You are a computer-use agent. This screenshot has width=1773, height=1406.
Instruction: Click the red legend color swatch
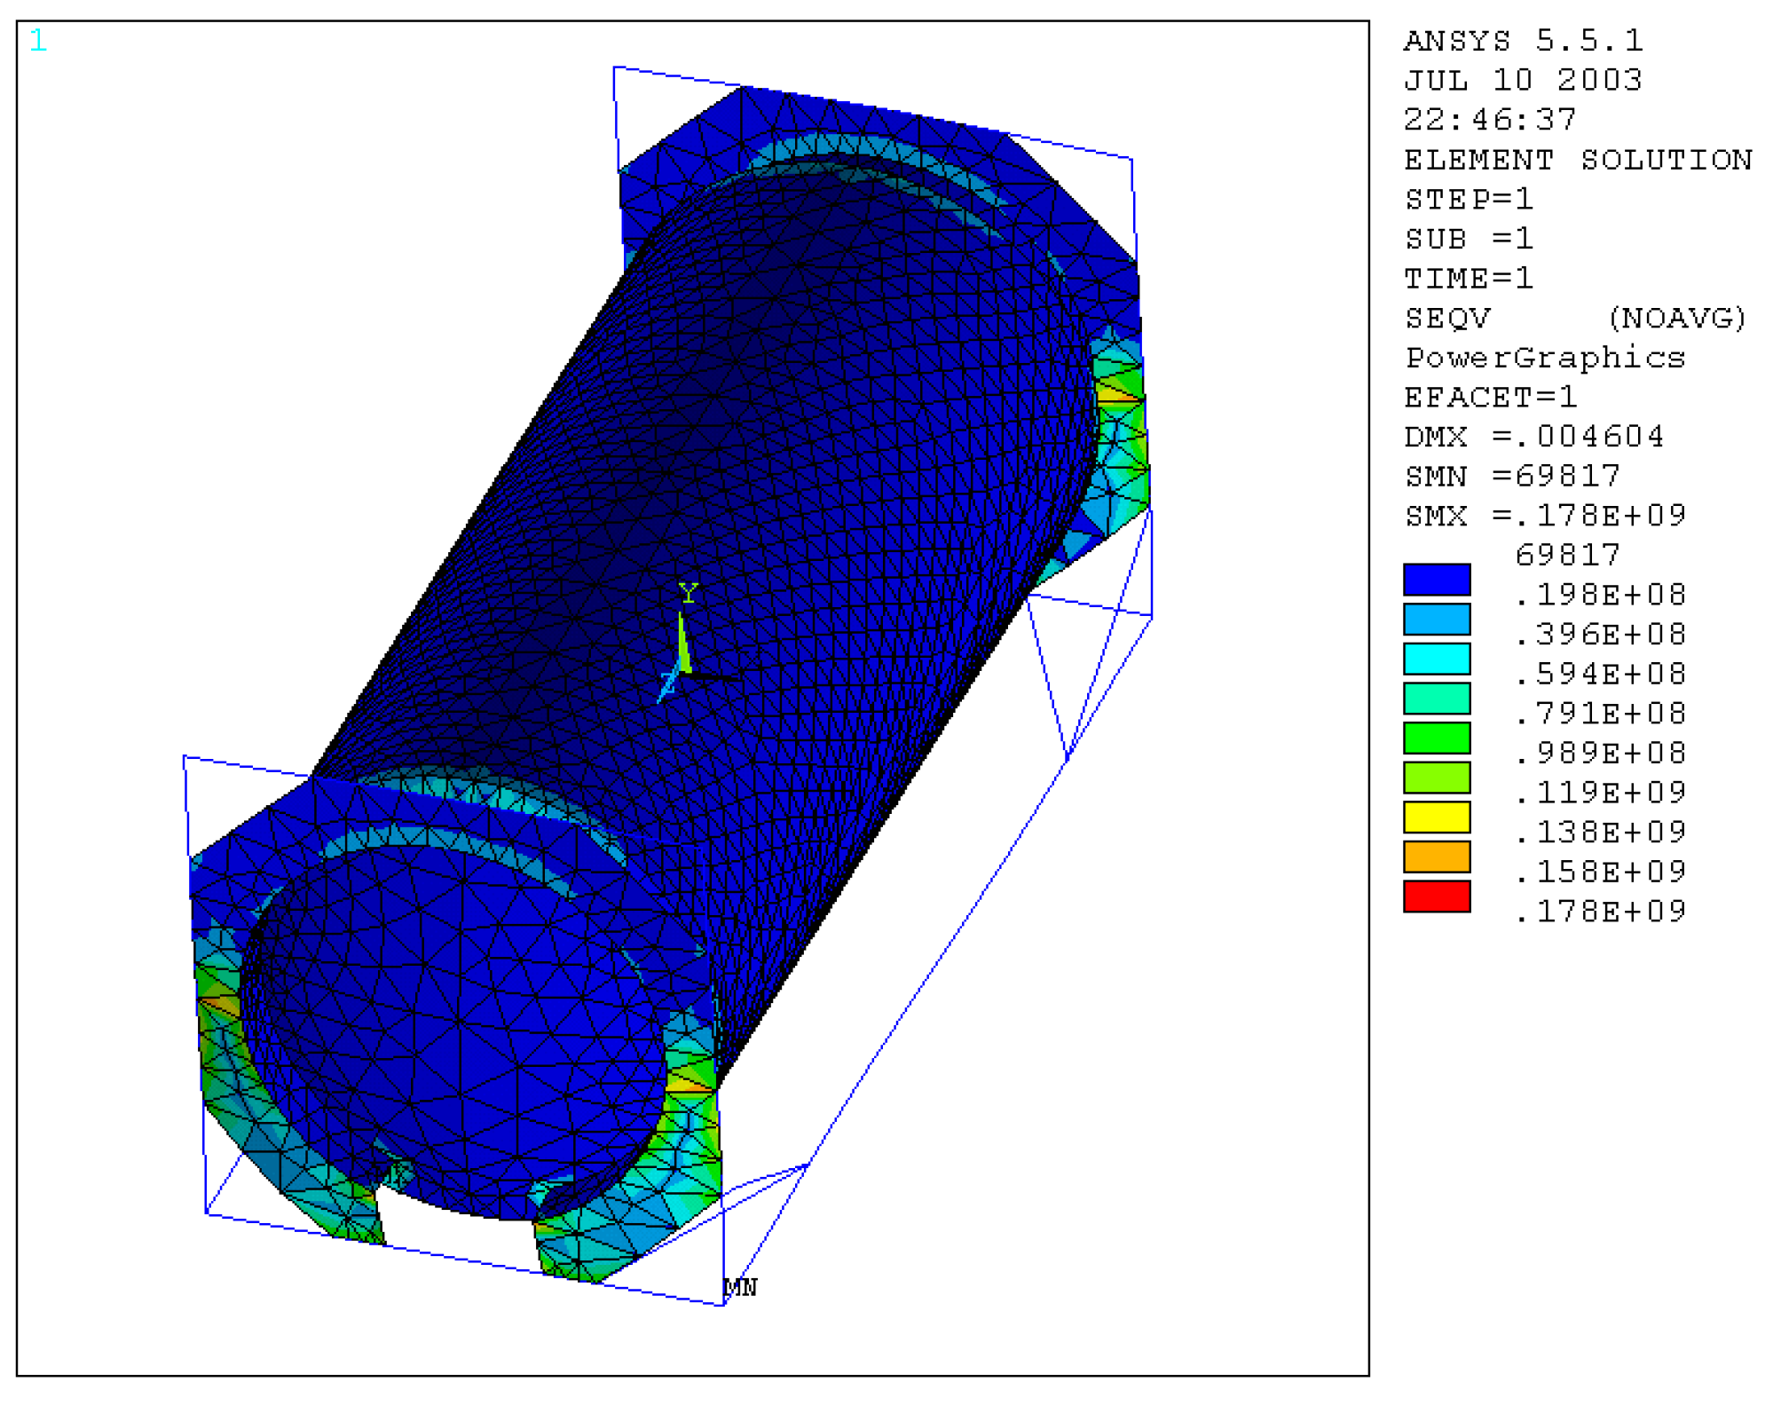click(x=1436, y=897)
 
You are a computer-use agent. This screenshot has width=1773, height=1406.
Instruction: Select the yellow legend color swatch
click(x=1436, y=817)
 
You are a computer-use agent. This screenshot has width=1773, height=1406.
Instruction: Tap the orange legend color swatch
click(x=1436, y=857)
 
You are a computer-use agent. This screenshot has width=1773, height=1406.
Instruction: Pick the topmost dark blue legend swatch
click(x=1436, y=580)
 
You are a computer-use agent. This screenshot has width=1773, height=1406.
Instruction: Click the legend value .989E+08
click(x=1600, y=753)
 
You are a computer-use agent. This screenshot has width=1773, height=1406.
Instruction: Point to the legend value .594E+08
click(x=1600, y=674)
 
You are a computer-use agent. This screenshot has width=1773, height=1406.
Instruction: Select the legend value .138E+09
click(x=1600, y=832)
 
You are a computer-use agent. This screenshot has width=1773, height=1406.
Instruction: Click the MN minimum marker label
click(x=741, y=1287)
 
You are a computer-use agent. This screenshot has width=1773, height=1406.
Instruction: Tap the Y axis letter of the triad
click(x=688, y=593)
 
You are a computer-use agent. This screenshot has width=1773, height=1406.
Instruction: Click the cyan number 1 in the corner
click(x=37, y=40)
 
